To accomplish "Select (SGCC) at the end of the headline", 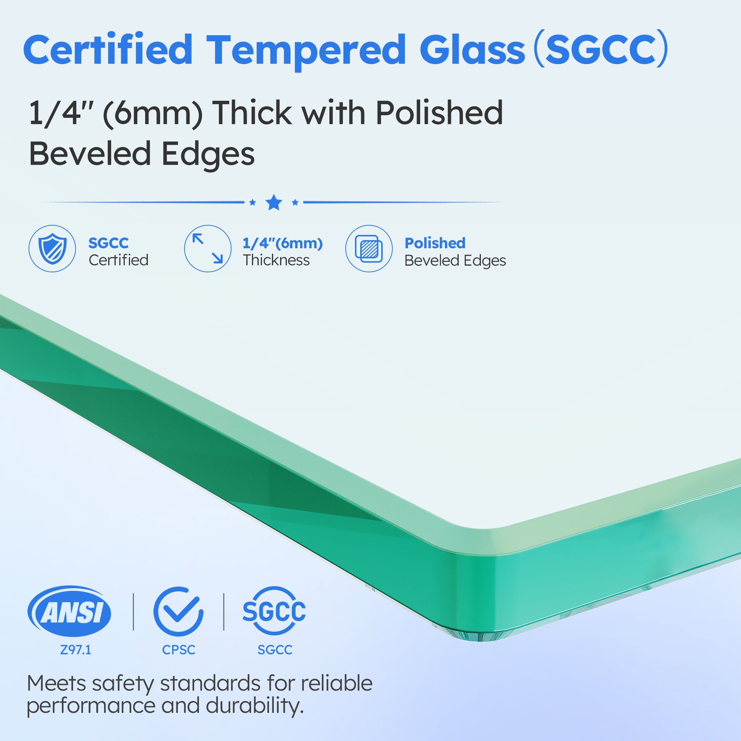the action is (601, 49).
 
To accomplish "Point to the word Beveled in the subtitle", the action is (90, 154).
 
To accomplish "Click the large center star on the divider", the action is (274, 203).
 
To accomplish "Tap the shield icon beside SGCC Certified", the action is (52, 248).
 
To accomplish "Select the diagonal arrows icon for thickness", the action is (208, 248).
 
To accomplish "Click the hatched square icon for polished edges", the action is (369, 248).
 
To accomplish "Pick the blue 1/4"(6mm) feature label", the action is (282, 243).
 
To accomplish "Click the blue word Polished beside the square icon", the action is (435, 243).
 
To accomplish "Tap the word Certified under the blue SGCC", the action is (119, 260).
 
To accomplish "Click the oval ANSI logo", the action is (69, 611).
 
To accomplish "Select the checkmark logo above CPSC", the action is (178, 611).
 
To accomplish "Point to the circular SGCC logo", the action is (274, 611).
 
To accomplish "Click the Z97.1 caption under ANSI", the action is (76, 650).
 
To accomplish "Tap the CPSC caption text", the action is (179, 650).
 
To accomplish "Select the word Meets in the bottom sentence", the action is (56, 683).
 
